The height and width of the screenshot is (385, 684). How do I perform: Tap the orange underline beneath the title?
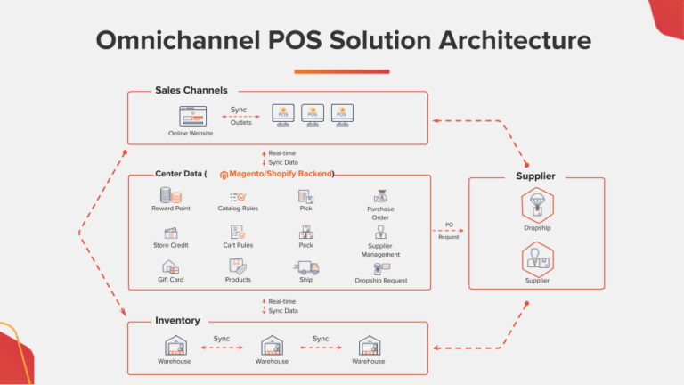(341, 70)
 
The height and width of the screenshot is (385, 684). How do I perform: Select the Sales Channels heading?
(191, 90)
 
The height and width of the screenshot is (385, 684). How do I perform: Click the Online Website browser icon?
(191, 116)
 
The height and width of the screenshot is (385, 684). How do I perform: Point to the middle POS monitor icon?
(313, 113)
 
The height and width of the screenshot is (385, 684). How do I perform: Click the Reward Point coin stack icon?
(167, 195)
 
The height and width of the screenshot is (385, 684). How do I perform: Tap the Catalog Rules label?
(238, 209)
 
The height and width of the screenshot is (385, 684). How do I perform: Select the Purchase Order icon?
(380, 196)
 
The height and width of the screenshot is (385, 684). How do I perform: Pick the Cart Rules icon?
(238, 232)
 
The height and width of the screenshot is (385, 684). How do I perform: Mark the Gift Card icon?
(170, 266)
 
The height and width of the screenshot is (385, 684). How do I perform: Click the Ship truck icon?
(306, 267)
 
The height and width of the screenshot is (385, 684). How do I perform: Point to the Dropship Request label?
(380, 281)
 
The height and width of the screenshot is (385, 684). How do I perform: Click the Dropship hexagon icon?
(537, 205)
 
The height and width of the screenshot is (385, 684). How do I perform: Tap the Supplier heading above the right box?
(535, 176)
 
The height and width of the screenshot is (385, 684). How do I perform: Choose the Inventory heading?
(177, 320)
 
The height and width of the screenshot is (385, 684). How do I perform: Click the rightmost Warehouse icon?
(369, 345)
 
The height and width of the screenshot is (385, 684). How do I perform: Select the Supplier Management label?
(380, 250)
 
